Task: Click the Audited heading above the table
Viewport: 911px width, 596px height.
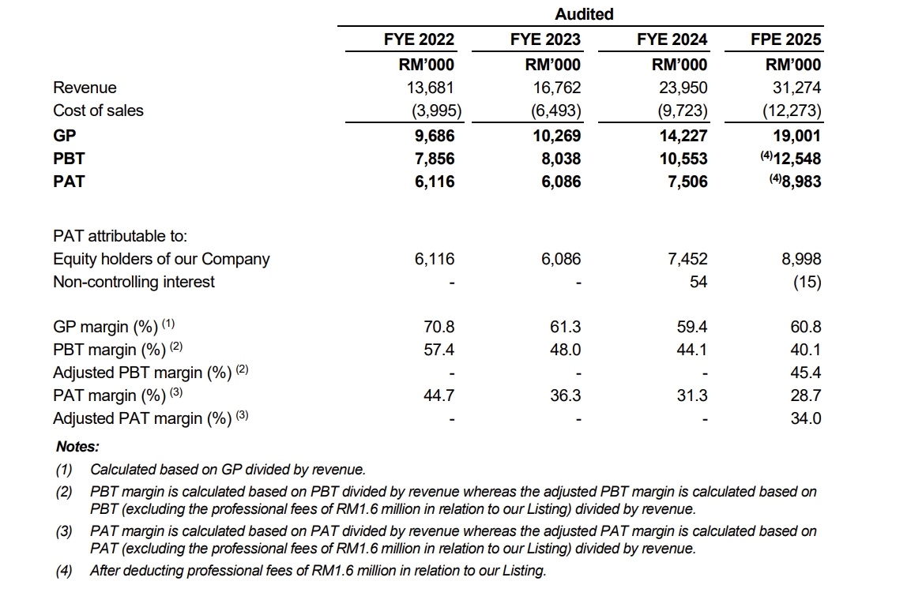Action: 584,14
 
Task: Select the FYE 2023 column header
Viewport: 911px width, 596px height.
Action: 545,39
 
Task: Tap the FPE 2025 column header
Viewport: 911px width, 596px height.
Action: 785,39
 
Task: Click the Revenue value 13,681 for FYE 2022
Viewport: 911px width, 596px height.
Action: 430,88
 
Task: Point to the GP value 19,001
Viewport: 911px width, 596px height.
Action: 796,136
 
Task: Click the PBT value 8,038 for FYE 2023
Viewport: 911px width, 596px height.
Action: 561,159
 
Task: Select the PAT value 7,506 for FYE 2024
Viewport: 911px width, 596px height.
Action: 688,182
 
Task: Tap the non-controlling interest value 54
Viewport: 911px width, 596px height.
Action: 698,282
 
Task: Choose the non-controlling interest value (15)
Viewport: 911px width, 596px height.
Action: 807,282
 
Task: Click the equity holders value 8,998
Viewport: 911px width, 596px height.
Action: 801,259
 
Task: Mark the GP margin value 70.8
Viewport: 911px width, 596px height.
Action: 439,327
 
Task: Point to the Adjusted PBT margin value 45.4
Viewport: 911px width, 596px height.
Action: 806,373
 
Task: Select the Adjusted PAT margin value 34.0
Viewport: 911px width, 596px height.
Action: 806,418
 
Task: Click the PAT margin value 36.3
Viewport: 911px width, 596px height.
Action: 565,395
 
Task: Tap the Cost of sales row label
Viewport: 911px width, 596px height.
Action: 98,111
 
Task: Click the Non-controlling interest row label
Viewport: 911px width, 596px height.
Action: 134,282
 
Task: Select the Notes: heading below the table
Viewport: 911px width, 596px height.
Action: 78,447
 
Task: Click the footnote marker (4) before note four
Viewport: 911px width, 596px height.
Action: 64,571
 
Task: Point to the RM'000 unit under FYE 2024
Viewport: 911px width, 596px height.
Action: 679,65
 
